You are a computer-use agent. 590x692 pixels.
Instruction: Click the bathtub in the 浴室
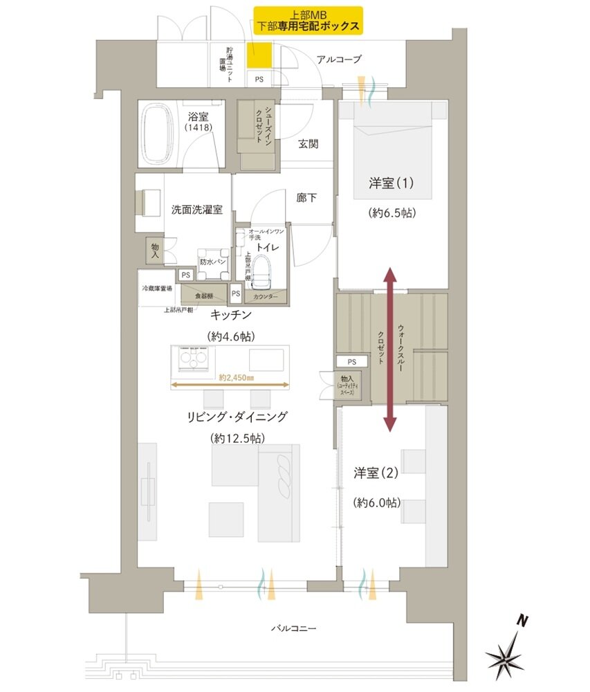pyautogui.click(x=160, y=134)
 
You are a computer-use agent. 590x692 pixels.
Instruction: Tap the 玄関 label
pyautogui.click(x=308, y=145)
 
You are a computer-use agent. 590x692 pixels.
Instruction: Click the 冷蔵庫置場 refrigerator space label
pyautogui.click(x=156, y=288)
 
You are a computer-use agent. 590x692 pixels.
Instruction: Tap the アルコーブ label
pyautogui.click(x=338, y=60)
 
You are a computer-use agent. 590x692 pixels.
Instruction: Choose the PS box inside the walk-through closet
pyautogui.click(x=351, y=362)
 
